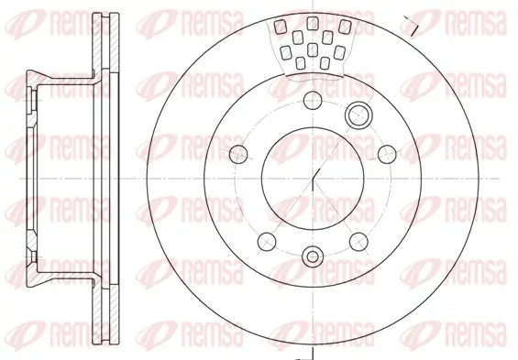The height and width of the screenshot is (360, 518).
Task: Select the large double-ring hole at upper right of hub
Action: click(358, 115)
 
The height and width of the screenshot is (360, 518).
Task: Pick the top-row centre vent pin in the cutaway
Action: click(313, 22)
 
